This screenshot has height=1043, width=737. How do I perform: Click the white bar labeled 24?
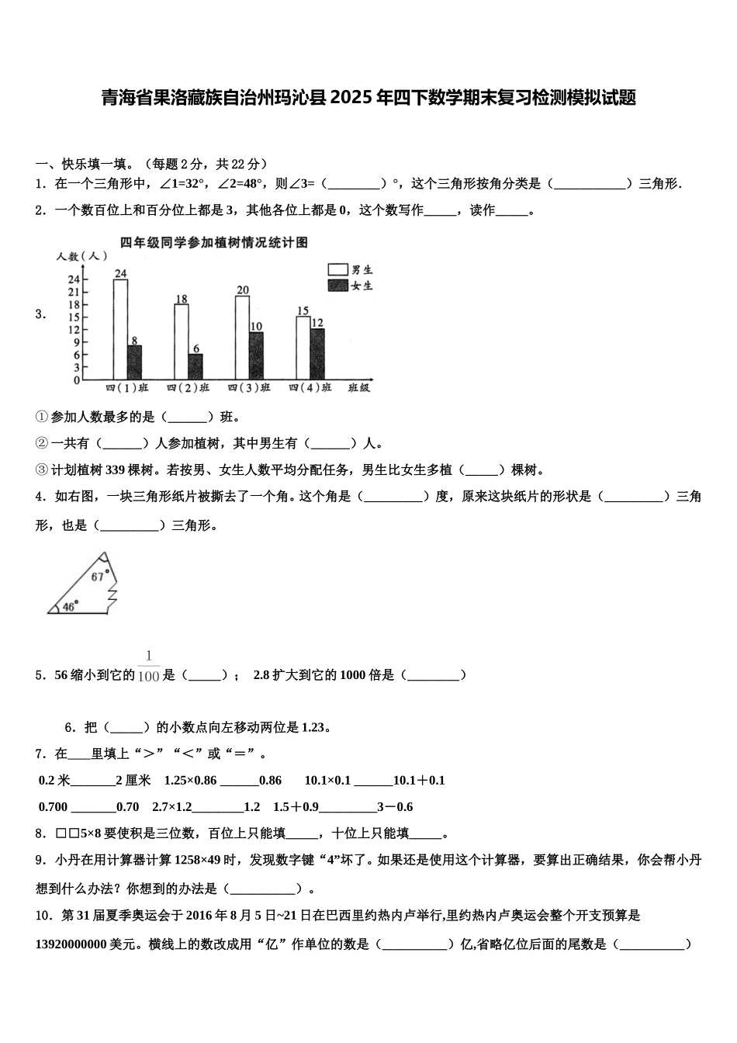point(120,330)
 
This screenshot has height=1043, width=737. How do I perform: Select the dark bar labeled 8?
point(134,362)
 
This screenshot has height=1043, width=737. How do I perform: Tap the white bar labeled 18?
point(182,342)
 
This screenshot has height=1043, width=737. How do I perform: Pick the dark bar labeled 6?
point(195,367)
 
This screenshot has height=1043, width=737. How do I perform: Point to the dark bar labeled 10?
point(256,356)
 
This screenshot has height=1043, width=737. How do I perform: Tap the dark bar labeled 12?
point(317,354)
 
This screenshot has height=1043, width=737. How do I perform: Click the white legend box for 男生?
point(337,269)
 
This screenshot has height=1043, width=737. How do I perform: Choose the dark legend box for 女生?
point(337,286)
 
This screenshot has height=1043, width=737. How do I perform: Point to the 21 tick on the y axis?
point(74,292)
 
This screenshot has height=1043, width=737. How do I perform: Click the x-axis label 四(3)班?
point(249,387)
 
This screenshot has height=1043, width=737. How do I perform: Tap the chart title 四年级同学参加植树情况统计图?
point(214,243)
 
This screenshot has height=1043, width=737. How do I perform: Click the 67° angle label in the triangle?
point(98,576)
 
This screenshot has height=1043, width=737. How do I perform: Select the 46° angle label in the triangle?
point(70,606)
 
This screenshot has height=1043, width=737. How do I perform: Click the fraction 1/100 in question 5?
point(148,667)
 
